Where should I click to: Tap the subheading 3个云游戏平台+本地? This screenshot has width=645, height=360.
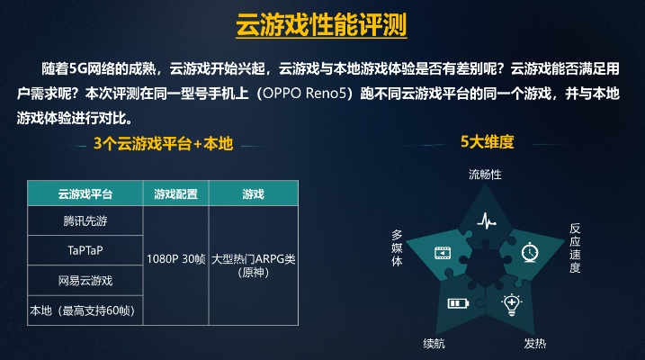pyautogui.click(x=163, y=142)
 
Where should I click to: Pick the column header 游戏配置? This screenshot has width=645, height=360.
pyautogui.click(x=175, y=194)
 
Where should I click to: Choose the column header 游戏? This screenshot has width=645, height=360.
pyautogui.click(x=253, y=194)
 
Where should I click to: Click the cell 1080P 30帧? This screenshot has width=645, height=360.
pyautogui.click(x=175, y=258)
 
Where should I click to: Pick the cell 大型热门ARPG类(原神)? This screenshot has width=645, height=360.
pyautogui.click(x=253, y=265)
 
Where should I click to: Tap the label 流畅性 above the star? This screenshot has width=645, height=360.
pyautogui.click(x=485, y=173)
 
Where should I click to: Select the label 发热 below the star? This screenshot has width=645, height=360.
pyautogui.click(x=535, y=343)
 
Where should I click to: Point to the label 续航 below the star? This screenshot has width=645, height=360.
pyautogui.click(x=434, y=343)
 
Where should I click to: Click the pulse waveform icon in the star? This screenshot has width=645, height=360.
pyautogui.click(x=486, y=220)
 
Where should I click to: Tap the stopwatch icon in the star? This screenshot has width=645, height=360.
pyautogui.click(x=531, y=253)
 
